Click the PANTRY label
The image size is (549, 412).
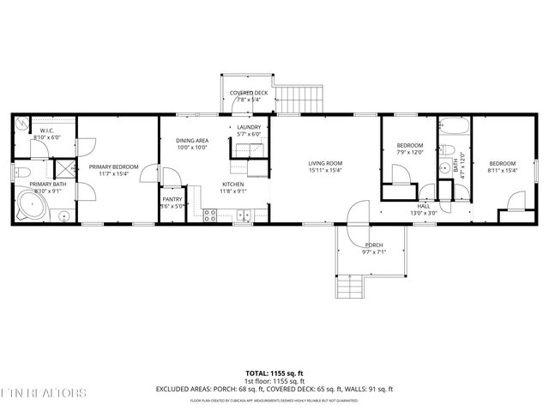pyautogui.click(x=172, y=199)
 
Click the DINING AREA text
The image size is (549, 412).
pyautogui.click(x=192, y=140)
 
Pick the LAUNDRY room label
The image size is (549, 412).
pyautogui.click(x=249, y=127)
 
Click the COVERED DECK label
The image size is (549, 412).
pyautogui.click(x=248, y=92)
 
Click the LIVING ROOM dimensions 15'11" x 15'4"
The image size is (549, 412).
pyautogui.click(x=325, y=170)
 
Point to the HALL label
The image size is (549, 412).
pyautogui.click(x=423, y=206)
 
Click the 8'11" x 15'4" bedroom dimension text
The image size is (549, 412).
pyautogui.click(x=503, y=170)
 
